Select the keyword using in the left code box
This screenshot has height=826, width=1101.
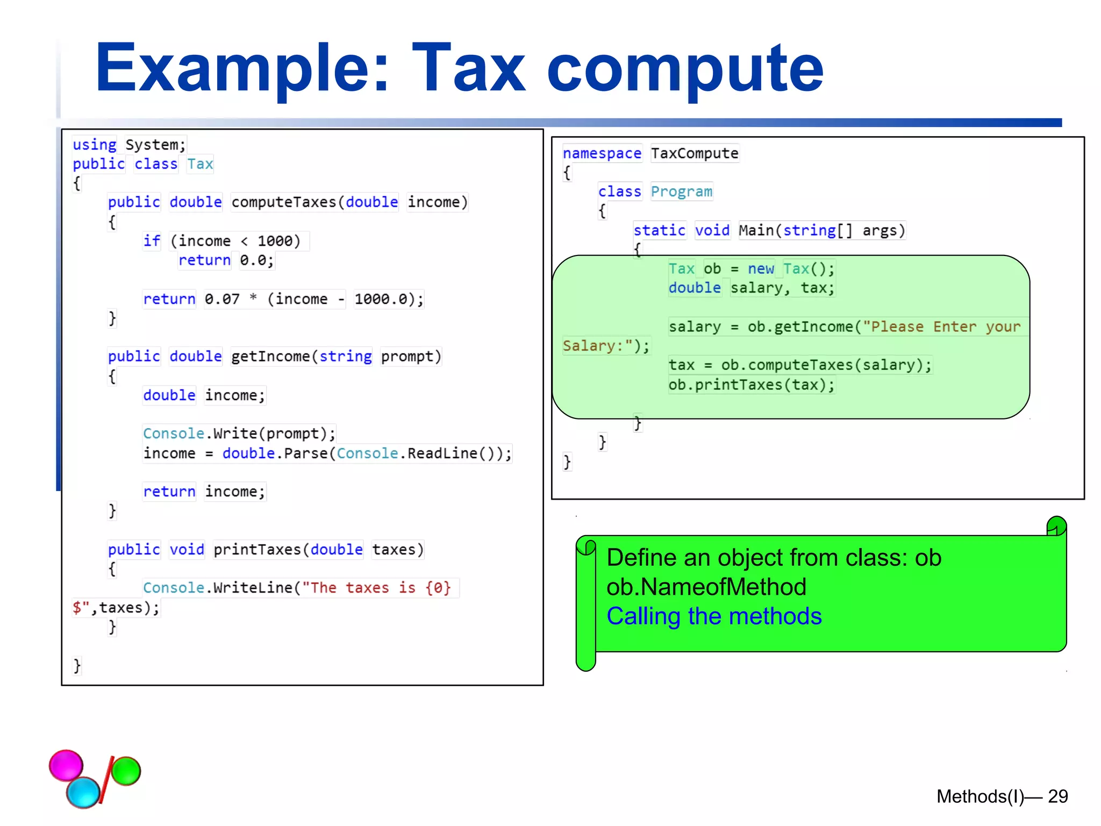[x=95, y=145]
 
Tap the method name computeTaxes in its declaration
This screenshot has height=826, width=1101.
[x=283, y=202]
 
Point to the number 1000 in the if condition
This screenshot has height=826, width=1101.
[x=275, y=241]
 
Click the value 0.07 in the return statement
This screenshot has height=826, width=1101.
[x=222, y=299]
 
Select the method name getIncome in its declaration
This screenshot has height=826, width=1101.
[x=270, y=357]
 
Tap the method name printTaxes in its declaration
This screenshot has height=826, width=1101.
[x=257, y=550]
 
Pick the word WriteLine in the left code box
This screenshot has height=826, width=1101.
[x=253, y=588]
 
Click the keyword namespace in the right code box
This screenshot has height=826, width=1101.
[x=602, y=154]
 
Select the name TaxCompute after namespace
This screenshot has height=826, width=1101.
[x=695, y=154]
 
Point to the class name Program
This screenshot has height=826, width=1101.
[x=682, y=192]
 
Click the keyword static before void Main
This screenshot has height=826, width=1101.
[x=659, y=231]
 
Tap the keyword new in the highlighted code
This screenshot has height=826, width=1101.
[x=761, y=269]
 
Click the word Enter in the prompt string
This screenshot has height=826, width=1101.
[x=954, y=327]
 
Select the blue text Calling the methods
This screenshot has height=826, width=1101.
[x=714, y=616]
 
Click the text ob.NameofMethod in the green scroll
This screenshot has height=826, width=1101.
[x=706, y=587]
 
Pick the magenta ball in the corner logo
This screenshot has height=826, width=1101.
[x=66, y=765]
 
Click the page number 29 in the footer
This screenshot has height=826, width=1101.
[x=1057, y=796]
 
